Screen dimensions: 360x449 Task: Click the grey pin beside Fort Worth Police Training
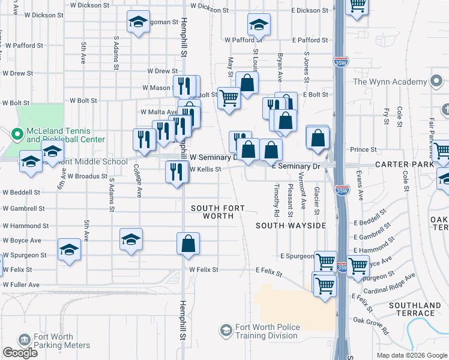pos(226,331)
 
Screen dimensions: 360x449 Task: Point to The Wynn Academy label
pos(390,82)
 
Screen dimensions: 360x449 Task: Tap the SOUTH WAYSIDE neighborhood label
pos(291,226)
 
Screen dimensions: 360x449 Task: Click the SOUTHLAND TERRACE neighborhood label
pos(411,309)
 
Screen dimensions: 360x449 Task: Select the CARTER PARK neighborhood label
pos(405,164)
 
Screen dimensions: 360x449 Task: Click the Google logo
pos(20,353)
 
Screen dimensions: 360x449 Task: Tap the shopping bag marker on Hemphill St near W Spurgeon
pos(188,244)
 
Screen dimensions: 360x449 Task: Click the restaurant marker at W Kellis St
pos(176,172)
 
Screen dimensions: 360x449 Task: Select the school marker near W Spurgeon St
pos(69,250)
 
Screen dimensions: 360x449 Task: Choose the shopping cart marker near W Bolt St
pos(229,98)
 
